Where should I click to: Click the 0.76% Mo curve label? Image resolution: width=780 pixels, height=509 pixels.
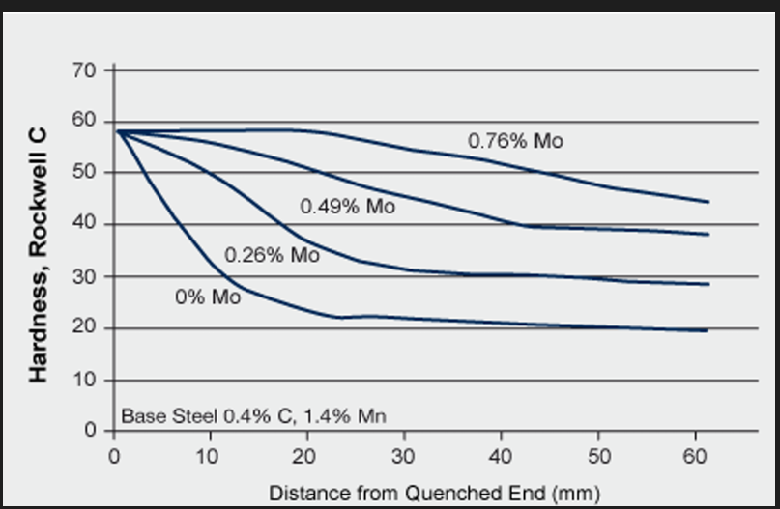(515, 141)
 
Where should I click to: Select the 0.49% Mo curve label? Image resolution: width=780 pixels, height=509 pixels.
(347, 207)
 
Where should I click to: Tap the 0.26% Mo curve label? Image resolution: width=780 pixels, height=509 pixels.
(272, 256)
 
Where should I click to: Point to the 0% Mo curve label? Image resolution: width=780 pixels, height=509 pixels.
(208, 297)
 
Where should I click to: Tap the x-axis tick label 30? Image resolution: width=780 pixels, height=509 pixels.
(405, 455)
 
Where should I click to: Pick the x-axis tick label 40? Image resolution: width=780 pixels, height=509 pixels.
(502, 455)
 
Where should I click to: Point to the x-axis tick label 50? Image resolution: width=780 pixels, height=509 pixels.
(598, 455)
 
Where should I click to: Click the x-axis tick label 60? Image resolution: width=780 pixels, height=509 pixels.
(695, 455)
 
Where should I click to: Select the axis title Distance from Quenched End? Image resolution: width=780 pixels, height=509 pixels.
(434, 492)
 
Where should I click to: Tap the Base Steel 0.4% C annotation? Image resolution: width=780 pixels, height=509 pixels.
(253, 417)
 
